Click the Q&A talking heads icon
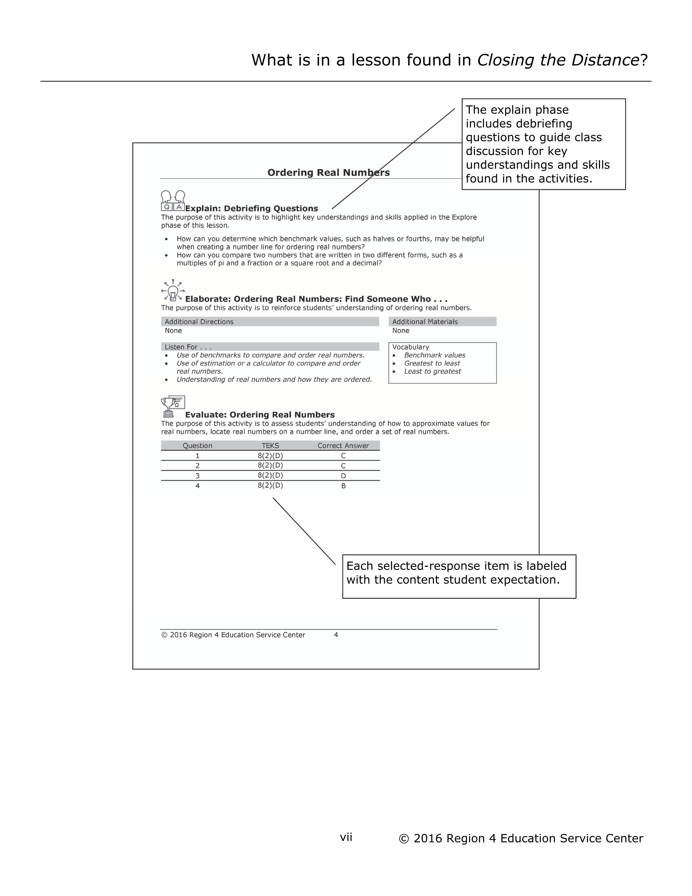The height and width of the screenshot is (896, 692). coord(173,201)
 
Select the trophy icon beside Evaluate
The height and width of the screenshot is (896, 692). coord(173,406)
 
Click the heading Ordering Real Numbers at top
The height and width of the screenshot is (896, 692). coord(328,172)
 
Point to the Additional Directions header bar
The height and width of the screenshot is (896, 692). coord(270,322)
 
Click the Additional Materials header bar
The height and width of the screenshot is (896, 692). coord(442,322)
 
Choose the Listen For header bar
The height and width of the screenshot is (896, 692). coord(270,347)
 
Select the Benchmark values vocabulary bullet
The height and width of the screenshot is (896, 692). coord(434,355)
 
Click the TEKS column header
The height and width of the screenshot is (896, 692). coord(270,445)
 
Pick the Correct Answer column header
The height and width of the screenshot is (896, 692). coord(343,445)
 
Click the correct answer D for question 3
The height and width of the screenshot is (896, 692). coord(343,476)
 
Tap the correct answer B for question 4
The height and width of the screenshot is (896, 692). coord(343,486)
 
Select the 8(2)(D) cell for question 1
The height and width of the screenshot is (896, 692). coord(270,456)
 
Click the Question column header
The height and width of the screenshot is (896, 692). coord(197,445)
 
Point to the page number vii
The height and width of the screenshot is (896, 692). coord(346,837)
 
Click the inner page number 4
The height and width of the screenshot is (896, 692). coord(336,635)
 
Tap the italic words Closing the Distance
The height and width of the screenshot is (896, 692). coord(558,60)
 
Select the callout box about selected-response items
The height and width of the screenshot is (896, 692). coord(458,576)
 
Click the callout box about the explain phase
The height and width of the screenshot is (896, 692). coord(543,144)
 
